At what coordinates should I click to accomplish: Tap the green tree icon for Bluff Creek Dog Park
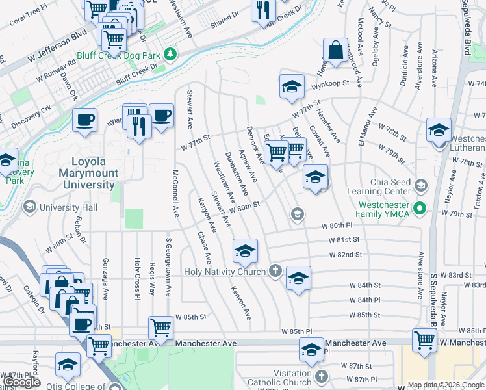pos(170,53)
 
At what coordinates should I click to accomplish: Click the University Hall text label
pos(68,208)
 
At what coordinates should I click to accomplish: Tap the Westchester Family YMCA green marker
pos(420,209)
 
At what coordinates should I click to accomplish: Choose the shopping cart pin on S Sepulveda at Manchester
pos(424,339)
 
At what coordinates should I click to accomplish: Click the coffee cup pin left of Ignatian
pos(84,120)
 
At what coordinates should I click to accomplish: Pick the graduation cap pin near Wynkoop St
pos(292,86)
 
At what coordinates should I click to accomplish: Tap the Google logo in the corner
pos(22,382)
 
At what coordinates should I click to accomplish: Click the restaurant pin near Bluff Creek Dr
pos(263,10)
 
